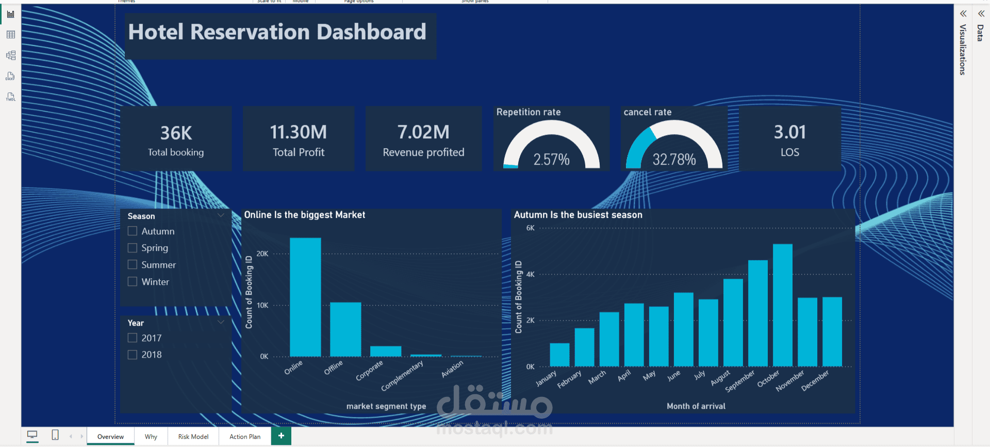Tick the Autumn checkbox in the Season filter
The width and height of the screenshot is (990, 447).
pos(133,231)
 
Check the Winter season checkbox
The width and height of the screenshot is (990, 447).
pos(133,281)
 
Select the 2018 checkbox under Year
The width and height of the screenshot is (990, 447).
pos(133,355)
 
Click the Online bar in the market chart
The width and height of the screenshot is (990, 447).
pos(305,297)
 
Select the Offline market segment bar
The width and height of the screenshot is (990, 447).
pos(345,329)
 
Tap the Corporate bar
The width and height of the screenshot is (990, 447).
pos(386,352)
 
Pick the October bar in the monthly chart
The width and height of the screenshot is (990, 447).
pos(783,306)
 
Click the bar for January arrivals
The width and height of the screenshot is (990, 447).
pos(559,355)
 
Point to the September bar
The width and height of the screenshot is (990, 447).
pos(758,314)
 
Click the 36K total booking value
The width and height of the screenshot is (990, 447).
pos(176,133)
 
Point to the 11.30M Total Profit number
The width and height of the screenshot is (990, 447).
pos(299,132)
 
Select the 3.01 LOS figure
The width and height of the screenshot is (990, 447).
pos(789,132)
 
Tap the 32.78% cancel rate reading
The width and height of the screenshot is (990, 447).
pos(674,159)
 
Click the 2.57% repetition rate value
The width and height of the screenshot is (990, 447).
pos(551,159)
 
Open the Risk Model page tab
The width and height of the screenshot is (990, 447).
pos(193,437)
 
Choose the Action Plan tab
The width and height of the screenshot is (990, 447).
pos(245,437)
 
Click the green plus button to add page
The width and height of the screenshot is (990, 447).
pos(281,436)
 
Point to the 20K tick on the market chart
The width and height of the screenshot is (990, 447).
pos(262,254)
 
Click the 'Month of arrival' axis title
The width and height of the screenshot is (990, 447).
pos(696,406)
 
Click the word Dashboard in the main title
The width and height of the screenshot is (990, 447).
pos(371,32)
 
